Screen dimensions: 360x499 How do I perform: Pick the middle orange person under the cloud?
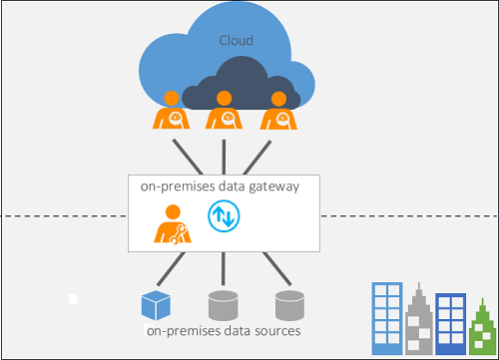pos(225,113)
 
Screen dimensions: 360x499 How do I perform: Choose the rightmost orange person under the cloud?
pos(278,111)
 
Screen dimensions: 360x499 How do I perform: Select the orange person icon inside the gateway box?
pos(171,224)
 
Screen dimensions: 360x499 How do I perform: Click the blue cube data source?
pos(153,304)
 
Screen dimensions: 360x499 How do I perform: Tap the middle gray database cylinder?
pos(223,304)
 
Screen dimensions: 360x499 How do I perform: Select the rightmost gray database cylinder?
pos(289,304)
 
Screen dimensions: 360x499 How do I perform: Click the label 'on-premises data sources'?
pos(223,330)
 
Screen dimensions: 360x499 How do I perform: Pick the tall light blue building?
pos(386,318)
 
